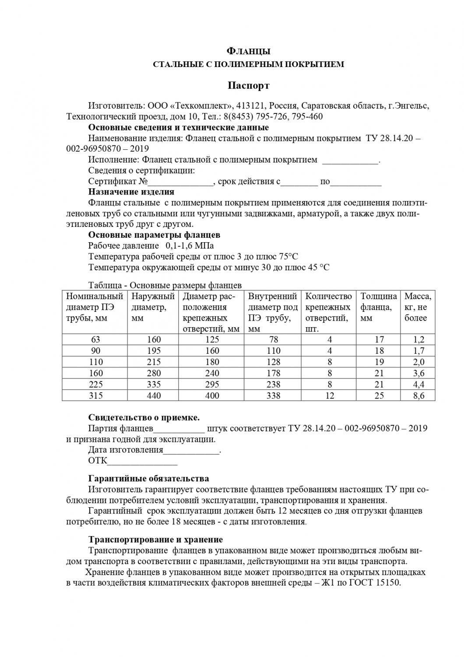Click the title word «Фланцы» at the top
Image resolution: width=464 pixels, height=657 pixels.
[248, 51]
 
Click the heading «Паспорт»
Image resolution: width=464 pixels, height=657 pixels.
[248, 85]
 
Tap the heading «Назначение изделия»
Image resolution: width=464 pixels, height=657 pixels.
[131, 192]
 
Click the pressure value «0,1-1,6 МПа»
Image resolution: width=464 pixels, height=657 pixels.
[190, 246]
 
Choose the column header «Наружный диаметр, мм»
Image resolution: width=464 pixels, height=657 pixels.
[153, 307]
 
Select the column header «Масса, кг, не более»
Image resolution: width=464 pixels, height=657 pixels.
[418, 307]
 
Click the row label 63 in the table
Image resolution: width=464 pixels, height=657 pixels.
[95, 339]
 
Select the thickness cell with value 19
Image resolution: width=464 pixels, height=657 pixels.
[379, 362]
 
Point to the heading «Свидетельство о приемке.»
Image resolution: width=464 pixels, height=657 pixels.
[144, 417]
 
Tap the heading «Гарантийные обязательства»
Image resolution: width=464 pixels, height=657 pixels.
[149, 479]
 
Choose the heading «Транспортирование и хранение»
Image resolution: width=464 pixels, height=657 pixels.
[155, 540]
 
